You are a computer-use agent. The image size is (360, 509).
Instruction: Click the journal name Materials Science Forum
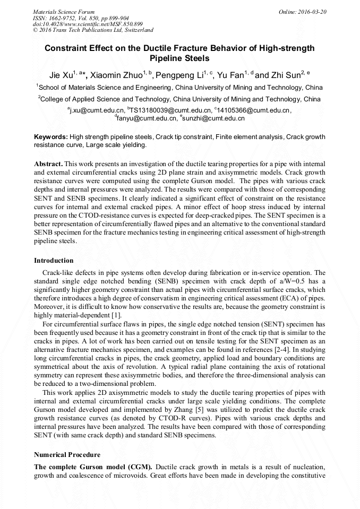pos(64,11)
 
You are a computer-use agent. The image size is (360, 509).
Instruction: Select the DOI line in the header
pos(88,24)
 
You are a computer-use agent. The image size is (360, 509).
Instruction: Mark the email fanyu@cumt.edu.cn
pos(147,118)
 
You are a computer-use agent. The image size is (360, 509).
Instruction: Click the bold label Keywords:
pos(51,137)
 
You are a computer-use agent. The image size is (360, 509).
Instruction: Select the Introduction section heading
pos(54,261)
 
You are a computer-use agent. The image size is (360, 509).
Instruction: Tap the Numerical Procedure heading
pos(67,455)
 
